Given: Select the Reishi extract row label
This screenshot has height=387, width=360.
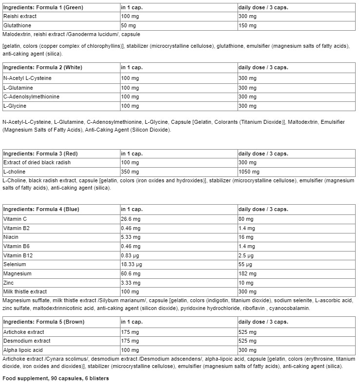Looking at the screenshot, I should pyautogui.click(x=20, y=17).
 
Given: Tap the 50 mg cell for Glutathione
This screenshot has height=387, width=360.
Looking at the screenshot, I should pyautogui.click(x=128, y=26).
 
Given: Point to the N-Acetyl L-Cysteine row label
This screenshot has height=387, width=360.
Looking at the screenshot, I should pyautogui.click(x=27, y=78).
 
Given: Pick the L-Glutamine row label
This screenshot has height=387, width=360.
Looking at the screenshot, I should pyautogui.click(x=18, y=88).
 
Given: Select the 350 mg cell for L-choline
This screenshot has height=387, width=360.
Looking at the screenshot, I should pyautogui.click(x=129, y=172).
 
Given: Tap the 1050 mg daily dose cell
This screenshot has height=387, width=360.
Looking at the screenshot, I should pyautogui.click(x=249, y=172).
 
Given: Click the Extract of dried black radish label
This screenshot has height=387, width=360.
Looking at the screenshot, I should pyautogui.click(x=34, y=163).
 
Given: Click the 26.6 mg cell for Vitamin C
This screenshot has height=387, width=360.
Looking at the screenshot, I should pyautogui.click(x=131, y=219).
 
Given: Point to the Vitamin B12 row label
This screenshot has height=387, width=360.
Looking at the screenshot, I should pyautogui.click(x=18, y=255).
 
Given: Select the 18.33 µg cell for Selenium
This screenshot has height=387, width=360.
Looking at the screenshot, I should pyautogui.click(x=132, y=265).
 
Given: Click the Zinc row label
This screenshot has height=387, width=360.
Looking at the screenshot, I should pyautogui.click(x=9, y=283).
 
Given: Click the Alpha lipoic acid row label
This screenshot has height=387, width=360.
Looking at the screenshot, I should pyautogui.click(x=23, y=350).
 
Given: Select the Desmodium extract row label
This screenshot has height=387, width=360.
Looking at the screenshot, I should pyautogui.click(x=27, y=341).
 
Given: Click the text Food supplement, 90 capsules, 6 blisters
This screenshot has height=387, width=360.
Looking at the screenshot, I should pyautogui.click(x=56, y=379).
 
